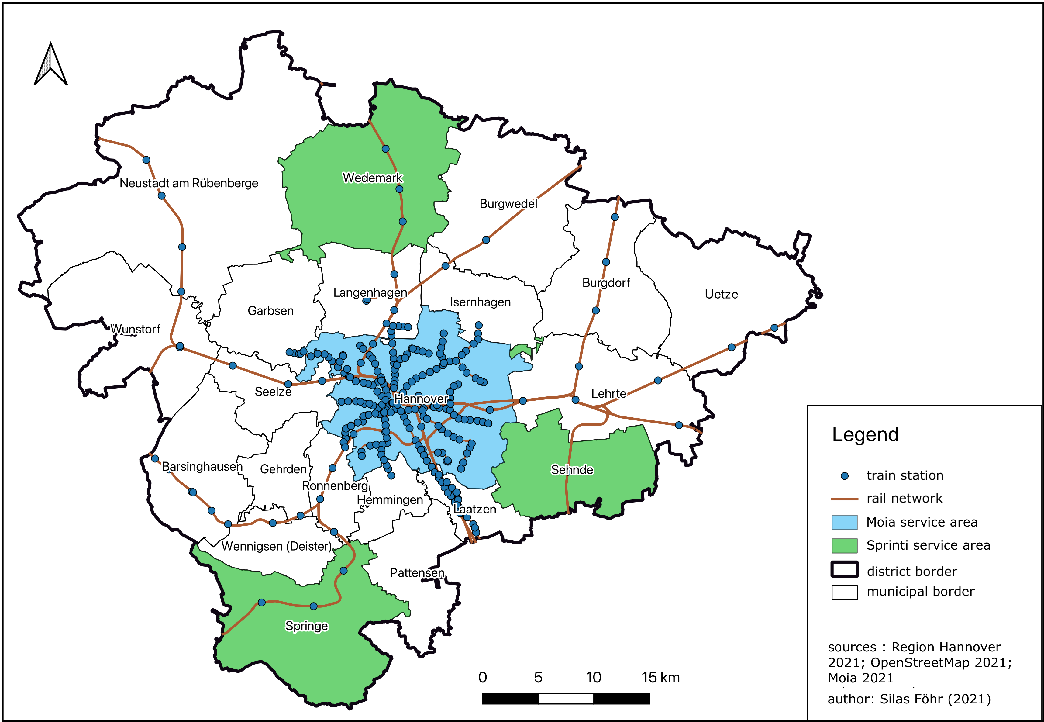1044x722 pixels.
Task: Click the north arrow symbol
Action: coord(51,64)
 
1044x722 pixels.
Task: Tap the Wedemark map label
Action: coord(372,178)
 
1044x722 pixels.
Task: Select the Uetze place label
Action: coord(721,295)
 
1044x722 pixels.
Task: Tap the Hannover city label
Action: coord(421,399)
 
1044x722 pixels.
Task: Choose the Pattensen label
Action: coord(417,573)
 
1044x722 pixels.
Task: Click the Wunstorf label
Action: coord(135,329)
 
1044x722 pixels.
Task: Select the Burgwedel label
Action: coord(508,204)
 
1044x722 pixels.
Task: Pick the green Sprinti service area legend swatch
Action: coord(844,546)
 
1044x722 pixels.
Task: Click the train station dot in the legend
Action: coord(844,476)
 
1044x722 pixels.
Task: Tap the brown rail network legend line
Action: coord(844,499)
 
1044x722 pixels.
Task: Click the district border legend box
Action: coord(844,570)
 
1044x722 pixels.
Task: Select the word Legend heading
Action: coord(865,435)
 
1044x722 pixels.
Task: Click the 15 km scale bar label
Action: coord(660,678)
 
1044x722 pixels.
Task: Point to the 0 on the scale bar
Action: coord(482,678)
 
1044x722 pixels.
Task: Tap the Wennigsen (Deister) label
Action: coord(277,547)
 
